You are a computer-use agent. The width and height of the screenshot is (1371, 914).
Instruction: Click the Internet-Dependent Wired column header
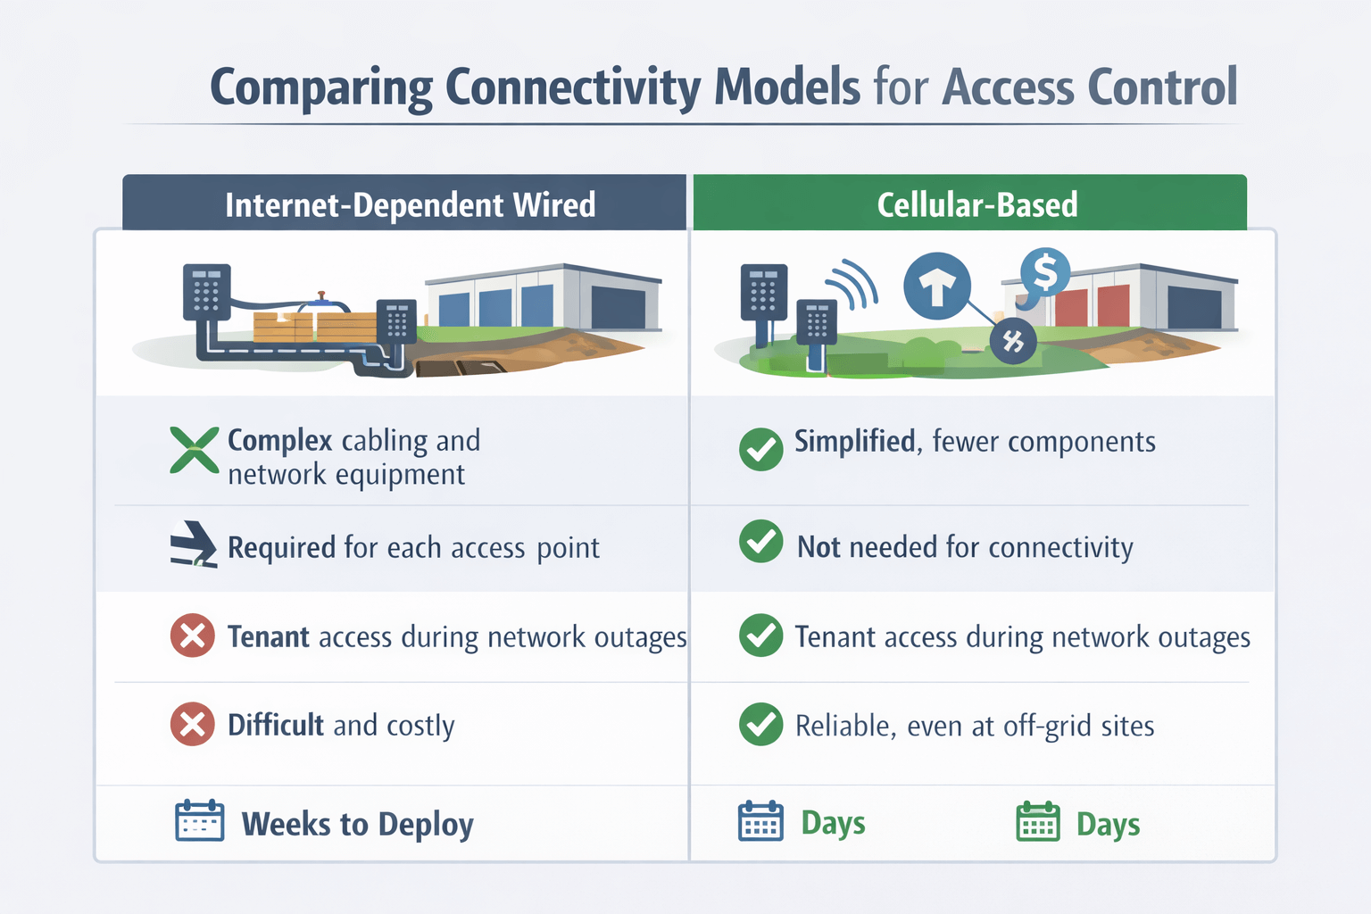(409, 204)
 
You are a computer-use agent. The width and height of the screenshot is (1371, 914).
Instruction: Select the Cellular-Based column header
(976, 204)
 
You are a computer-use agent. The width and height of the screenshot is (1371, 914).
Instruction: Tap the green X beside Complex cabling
(194, 450)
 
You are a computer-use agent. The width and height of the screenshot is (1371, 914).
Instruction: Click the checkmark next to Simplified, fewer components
(760, 449)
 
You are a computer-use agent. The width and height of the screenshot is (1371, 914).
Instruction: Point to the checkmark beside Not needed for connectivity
(760, 542)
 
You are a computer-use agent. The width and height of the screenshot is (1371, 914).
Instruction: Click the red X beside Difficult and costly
(192, 724)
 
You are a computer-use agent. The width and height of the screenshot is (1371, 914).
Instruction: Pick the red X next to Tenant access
(192, 636)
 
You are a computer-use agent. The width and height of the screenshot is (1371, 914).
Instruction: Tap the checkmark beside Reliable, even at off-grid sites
(760, 724)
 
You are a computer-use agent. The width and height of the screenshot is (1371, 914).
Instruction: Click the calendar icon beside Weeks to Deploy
(199, 821)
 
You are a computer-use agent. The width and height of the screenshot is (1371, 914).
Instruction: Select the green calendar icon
(1037, 821)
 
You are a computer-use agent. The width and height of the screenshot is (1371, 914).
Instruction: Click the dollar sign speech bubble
(1044, 273)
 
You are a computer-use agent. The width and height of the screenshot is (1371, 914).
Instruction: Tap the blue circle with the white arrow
(936, 287)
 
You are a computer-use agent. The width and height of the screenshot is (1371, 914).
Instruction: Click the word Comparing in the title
(321, 87)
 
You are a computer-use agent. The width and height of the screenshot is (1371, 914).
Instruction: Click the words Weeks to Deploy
(357, 824)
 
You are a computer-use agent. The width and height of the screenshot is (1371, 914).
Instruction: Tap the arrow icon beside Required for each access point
(193, 544)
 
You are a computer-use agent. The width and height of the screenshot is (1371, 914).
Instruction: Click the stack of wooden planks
(312, 326)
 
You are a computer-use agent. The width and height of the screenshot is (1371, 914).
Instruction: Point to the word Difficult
(276, 725)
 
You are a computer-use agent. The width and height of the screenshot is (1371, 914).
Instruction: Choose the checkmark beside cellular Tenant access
(760, 636)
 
